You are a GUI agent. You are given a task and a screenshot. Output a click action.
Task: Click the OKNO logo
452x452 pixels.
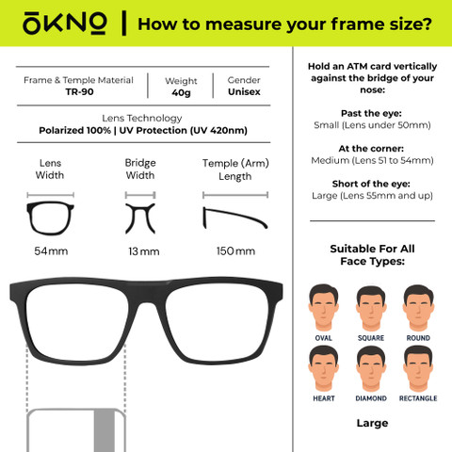pyautogui.click(x=65, y=24)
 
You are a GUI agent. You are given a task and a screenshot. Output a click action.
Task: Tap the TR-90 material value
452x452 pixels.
pyautogui.click(x=79, y=92)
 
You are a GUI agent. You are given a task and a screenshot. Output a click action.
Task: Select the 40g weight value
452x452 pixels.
pyautogui.click(x=181, y=93)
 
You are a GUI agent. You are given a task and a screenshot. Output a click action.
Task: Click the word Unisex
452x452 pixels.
pyautogui.click(x=244, y=92)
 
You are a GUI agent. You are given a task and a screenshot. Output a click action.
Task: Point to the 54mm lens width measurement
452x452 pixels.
pyautogui.click(x=51, y=251)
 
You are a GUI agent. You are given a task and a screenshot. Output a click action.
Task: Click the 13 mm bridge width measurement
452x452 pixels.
pyautogui.click(x=144, y=251)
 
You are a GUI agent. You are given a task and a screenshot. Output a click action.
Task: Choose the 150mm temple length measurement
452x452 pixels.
pyautogui.click(x=235, y=251)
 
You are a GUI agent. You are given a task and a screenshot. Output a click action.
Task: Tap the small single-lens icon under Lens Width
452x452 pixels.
pyautogui.click(x=50, y=218)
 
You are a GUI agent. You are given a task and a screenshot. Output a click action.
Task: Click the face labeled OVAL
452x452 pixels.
pyautogui.click(x=323, y=308)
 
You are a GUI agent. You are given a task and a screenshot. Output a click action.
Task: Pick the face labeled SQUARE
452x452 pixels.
pyautogui.click(x=371, y=308)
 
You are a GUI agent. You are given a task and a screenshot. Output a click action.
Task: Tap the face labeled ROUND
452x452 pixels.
pyautogui.click(x=418, y=308)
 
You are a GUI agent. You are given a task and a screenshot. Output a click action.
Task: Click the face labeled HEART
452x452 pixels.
pyautogui.click(x=323, y=369)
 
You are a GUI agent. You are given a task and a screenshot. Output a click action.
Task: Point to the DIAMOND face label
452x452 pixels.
pyautogui.click(x=371, y=398)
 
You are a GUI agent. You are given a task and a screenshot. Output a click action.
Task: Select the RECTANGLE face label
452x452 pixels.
pyautogui.click(x=418, y=398)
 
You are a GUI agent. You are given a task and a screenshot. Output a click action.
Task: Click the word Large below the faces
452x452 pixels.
pyautogui.click(x=372, y=424)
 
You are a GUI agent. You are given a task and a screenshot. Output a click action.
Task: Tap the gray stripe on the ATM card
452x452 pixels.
pyautogui.click(x=105, y=430)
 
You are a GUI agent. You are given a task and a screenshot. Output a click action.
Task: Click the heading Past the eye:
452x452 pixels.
pyautogui.click(x=371, y=113)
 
